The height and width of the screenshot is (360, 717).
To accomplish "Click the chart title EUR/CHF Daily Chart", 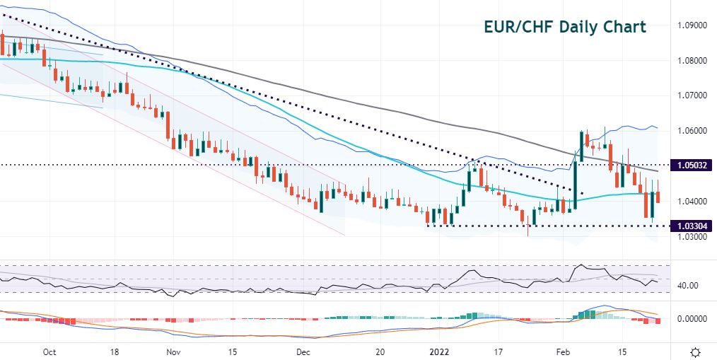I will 564,27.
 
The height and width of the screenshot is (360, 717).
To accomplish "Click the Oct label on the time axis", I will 49,352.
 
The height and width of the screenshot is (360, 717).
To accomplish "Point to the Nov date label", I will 173,352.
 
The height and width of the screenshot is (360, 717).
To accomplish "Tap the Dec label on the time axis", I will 303,352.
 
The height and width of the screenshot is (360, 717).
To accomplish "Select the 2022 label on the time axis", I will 439,352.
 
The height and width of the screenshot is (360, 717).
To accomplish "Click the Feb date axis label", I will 564,352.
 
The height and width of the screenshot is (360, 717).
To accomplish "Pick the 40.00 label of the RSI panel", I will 687,286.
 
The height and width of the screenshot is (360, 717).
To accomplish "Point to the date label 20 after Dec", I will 380,352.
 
